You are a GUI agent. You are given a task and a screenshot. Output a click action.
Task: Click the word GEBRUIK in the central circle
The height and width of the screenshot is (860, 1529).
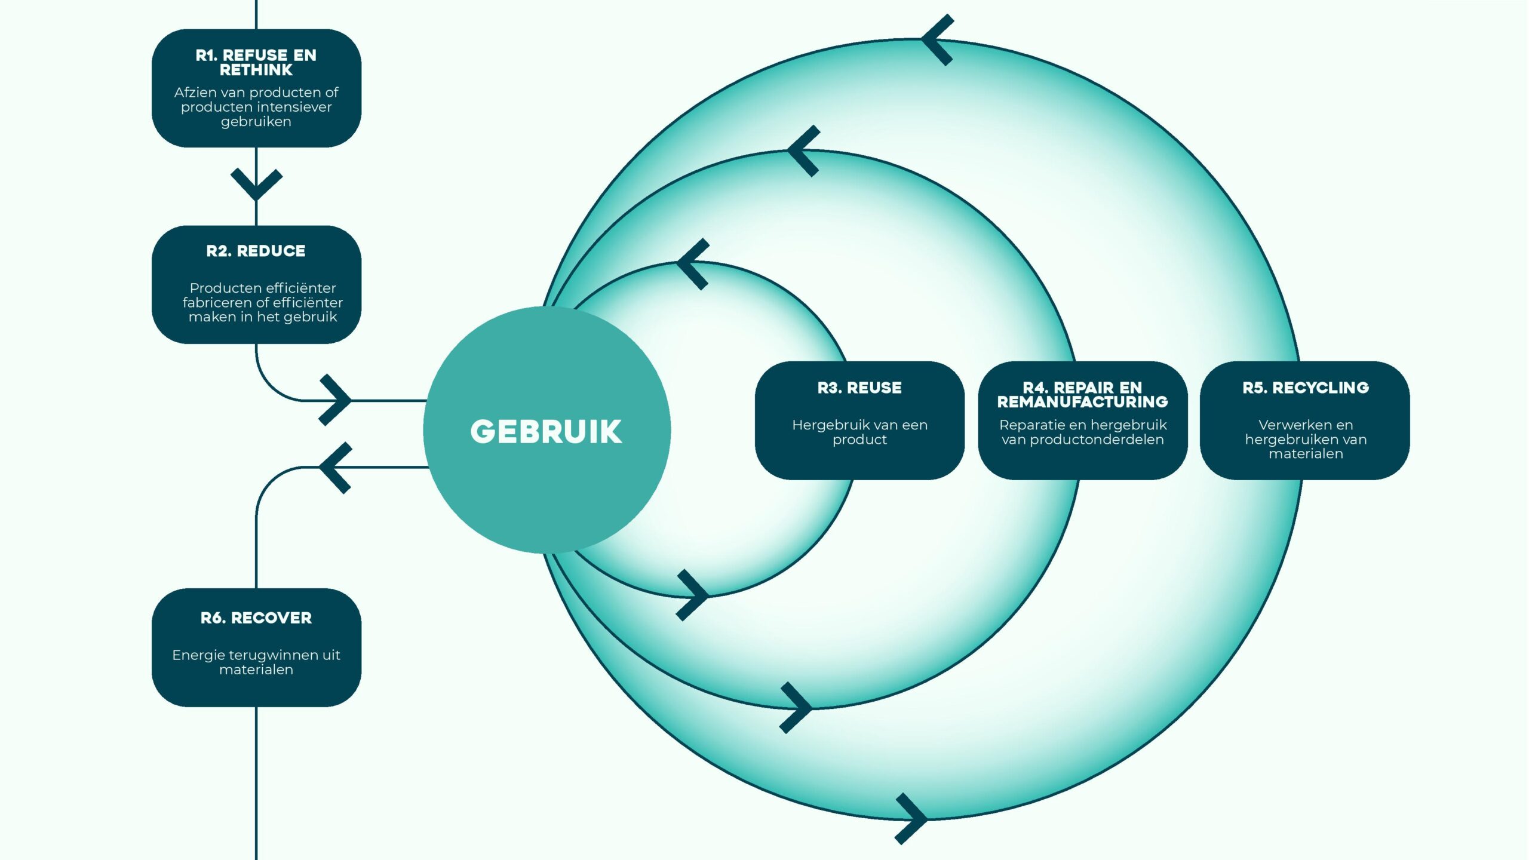coord(546,431)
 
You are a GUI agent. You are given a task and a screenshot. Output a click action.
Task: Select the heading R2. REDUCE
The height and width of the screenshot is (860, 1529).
coord(256,251)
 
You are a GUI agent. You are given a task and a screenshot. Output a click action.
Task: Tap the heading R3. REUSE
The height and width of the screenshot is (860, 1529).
coord(859,388)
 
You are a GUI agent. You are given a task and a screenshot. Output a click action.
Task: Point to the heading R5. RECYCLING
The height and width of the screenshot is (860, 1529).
coord(1306,388)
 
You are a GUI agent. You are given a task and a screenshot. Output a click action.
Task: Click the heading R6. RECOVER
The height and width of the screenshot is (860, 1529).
coord(256,618)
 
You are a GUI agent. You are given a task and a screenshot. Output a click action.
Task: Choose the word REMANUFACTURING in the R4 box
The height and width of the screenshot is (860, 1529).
coord(1082,402)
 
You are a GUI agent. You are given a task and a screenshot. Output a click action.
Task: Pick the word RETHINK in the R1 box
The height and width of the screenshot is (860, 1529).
coord(256,70)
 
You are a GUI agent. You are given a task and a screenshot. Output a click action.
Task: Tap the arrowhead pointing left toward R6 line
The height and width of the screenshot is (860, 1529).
coord(334,468)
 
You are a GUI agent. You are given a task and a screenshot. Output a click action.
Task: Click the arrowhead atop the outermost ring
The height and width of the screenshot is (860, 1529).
coord(936,40)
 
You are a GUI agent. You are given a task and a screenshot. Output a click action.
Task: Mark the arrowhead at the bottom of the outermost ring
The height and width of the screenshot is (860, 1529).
coord(912,819)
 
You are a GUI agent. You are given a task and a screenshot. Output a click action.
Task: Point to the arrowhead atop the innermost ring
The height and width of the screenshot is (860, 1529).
coord(692,263)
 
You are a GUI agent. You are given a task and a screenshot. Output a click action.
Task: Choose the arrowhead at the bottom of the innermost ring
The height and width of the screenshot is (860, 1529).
coord(693,595)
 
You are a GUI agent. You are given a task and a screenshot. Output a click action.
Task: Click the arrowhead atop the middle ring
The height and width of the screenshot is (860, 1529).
coord(803,150)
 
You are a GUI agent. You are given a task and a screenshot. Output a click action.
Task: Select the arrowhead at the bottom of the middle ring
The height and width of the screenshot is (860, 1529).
coord(797,708)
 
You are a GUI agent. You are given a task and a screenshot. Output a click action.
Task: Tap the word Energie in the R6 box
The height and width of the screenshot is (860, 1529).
coord(193,655)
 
